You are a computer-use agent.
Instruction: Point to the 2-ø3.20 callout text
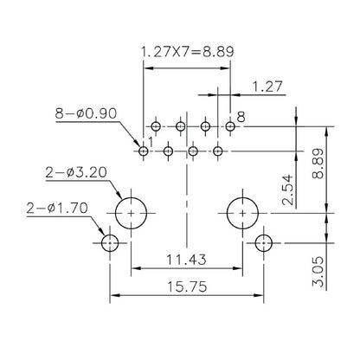click(x=77, y=172)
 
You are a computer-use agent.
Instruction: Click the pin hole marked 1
click(x=144, y=151)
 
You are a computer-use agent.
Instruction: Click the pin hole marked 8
click(x=230, y=127)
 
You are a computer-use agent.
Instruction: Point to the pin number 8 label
click(x=241, y=116)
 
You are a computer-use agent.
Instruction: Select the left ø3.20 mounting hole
click(x=131, y=209)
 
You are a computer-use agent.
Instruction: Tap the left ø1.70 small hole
click(x=109, y=243)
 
